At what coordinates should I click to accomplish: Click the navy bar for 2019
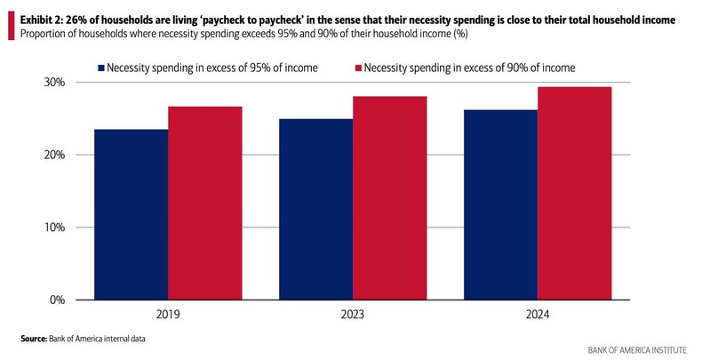pos(131,214)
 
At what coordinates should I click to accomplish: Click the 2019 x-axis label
pos(168,315)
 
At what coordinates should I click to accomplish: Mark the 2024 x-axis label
pos(538,315)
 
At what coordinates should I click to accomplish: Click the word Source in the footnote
pos(35,339)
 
